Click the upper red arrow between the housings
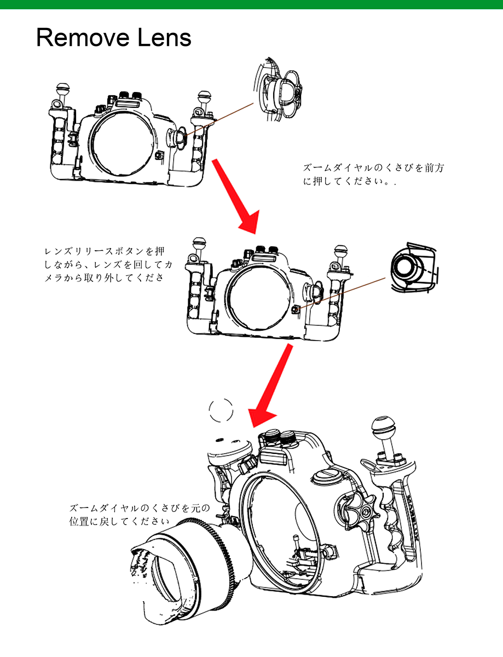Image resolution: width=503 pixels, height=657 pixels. (234, 194)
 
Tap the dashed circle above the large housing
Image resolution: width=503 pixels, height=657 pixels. (222, 410)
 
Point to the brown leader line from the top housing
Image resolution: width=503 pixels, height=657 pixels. (219, 118)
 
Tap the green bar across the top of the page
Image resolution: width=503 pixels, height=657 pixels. (251, 4)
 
